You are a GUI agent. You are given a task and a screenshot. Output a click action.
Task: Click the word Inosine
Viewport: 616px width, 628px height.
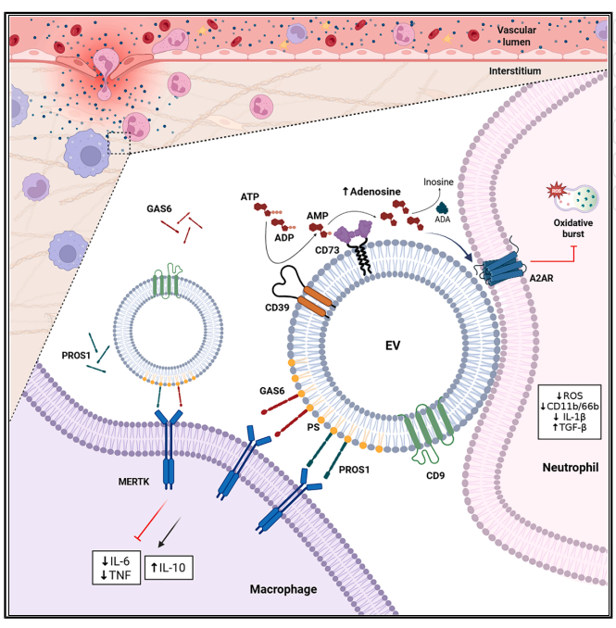coord(440,182)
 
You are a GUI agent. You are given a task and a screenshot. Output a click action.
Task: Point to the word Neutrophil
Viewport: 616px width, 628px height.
coord(567,469)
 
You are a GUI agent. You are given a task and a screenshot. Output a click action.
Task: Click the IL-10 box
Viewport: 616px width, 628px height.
coord(170,565)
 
